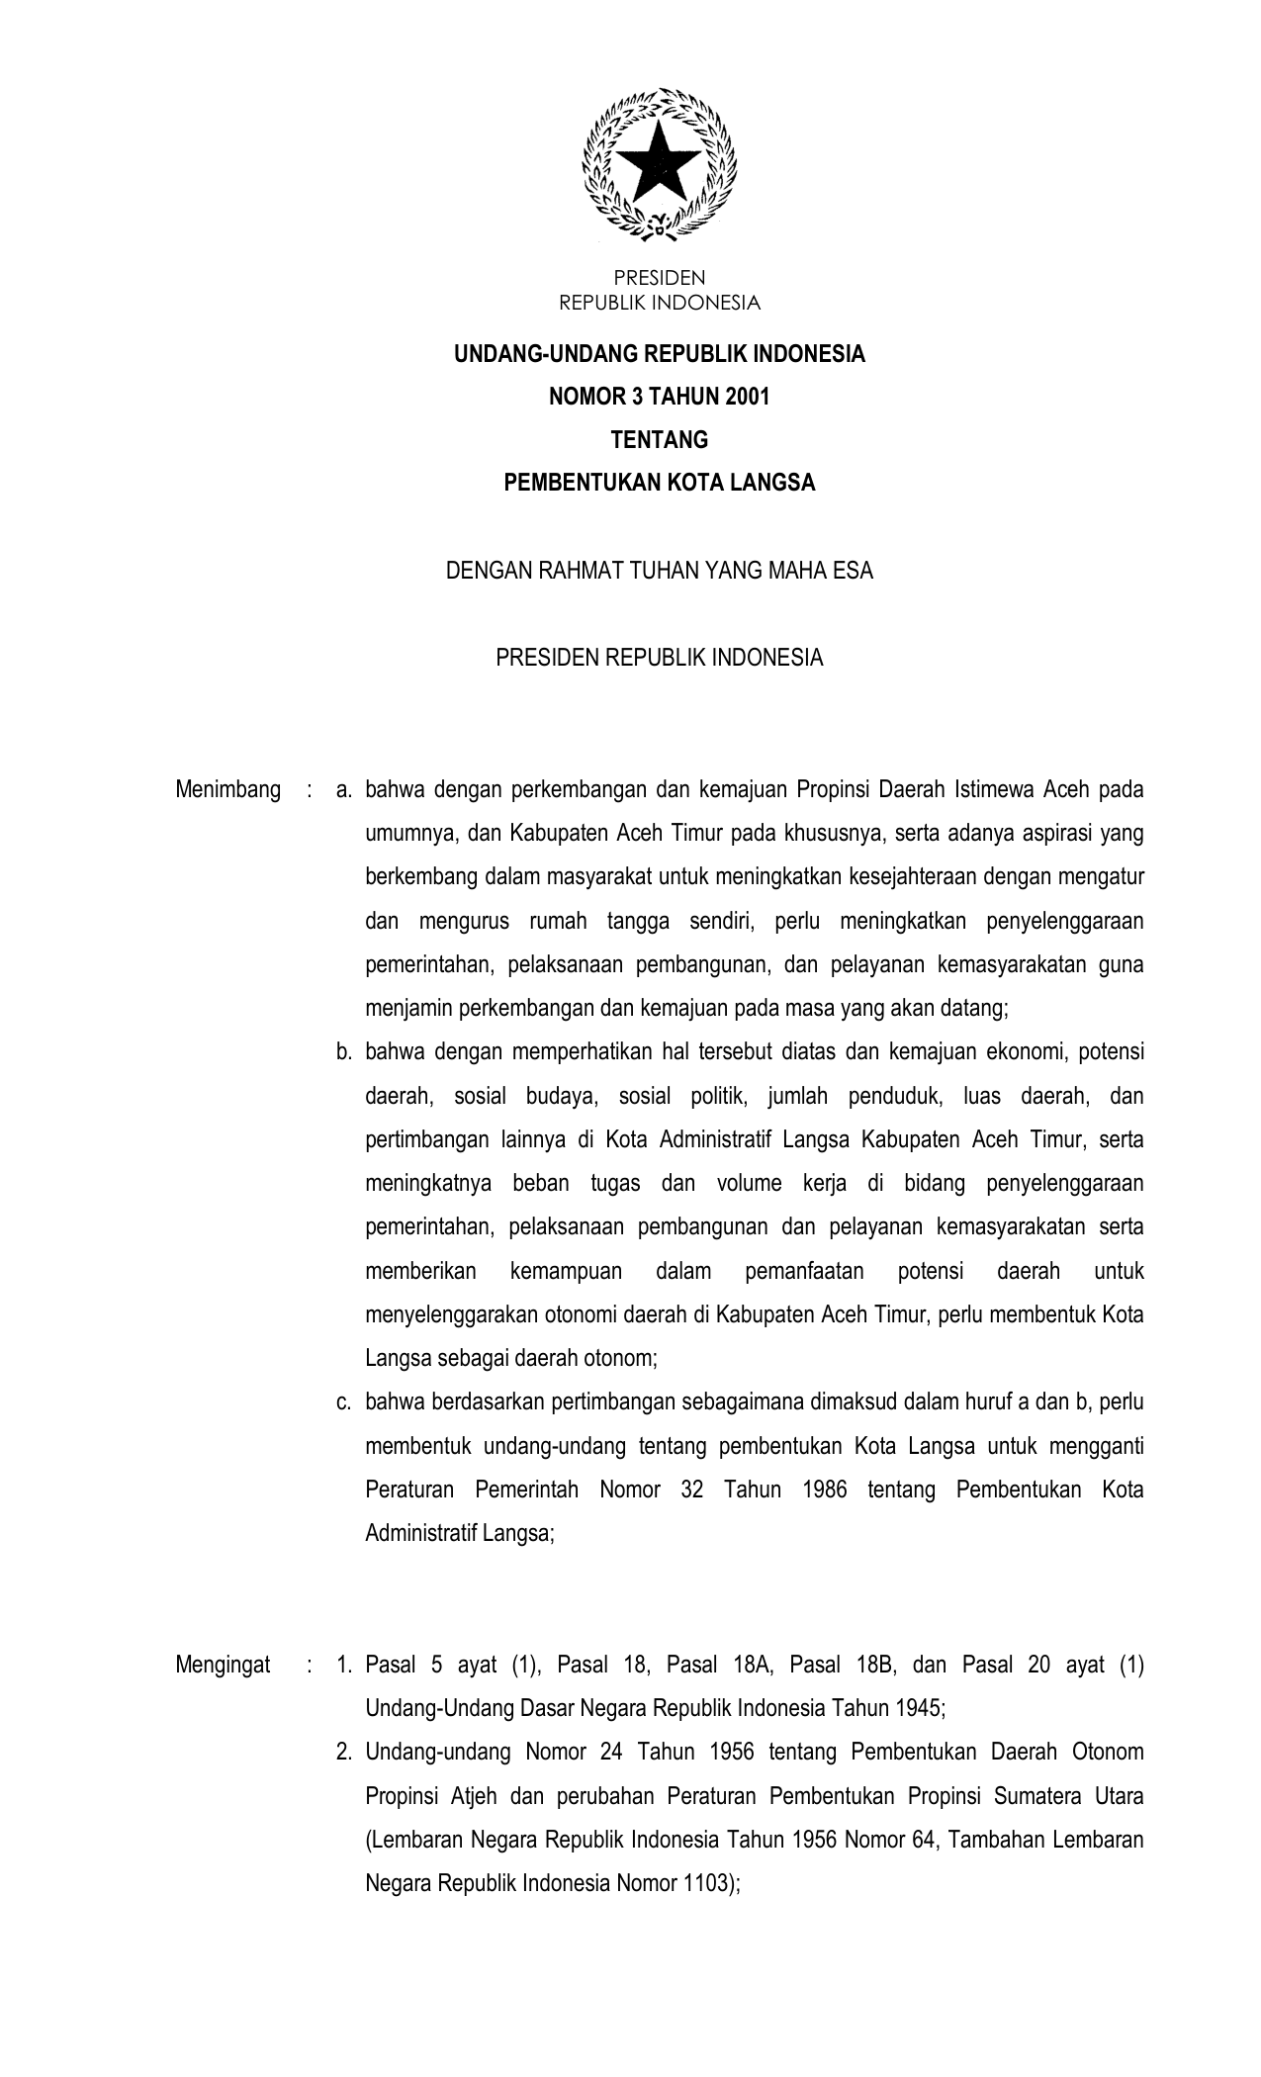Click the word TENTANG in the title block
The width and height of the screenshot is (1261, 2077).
click(659, 439)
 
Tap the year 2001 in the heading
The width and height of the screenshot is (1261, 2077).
click(746, 397)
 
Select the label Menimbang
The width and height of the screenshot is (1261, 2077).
click(227, 790)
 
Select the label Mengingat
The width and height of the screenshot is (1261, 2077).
click(223, 1665)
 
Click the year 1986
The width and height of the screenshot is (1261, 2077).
click(819, 1490)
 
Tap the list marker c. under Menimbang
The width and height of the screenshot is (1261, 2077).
click(343, 1402)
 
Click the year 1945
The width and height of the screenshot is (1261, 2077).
click(919, 1708)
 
